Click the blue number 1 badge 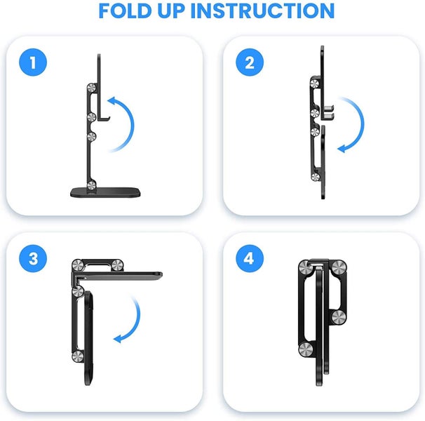pos(33,65)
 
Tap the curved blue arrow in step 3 pos(130,319)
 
